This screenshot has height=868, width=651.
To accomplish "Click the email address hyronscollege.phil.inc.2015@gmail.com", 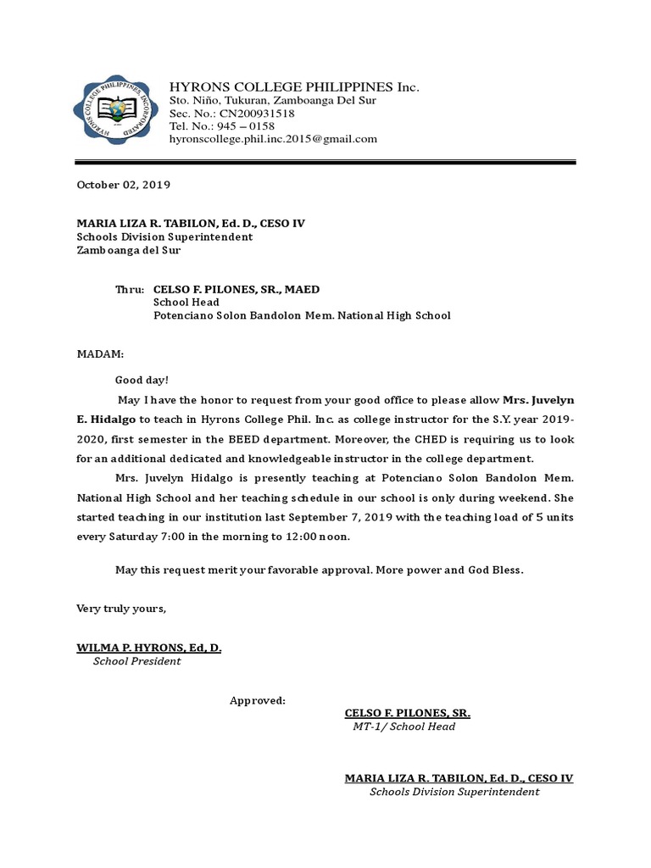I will pos(273,139).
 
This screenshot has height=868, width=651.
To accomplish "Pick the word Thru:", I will pos(130,289).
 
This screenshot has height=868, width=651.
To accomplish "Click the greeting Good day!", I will pos(142,381).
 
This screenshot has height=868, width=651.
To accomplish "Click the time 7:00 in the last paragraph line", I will pos(184,537).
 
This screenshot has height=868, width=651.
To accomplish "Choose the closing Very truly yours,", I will pos(122,609).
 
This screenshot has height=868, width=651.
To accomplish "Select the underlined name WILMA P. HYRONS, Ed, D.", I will pos(149,648).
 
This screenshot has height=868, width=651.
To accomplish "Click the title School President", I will pos(136,661).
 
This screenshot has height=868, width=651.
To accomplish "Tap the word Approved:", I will pos(258,700).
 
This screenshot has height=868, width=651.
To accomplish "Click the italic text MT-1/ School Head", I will pos(404,726).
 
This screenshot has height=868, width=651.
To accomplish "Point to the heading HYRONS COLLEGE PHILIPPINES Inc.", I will pos(294,87).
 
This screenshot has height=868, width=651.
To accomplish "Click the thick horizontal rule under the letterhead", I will pos(325,162).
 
